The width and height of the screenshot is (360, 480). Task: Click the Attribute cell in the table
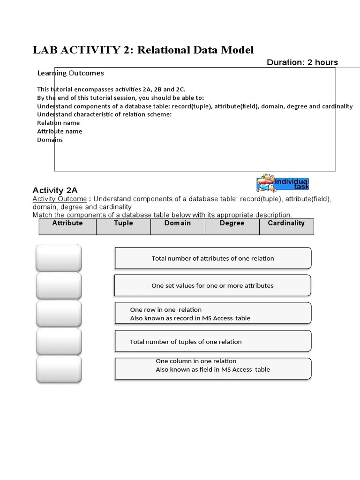click(67, 226)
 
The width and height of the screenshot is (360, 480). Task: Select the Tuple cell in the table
click(123, 226)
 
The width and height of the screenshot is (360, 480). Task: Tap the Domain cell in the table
click(178, 226)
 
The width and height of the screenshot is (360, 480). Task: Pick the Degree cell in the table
click(232, 226)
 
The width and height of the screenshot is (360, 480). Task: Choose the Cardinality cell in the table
click(286, 226)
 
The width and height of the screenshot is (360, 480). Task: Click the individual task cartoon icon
click(283, 184)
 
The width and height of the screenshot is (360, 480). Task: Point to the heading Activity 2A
click(55, 190)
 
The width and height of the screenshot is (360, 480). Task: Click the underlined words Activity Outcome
click(60, 199)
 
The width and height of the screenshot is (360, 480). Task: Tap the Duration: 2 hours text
click(302, 62)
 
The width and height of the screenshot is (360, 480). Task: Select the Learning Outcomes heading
click(70, 73)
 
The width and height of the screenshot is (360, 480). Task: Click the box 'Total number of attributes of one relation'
click(213, 258)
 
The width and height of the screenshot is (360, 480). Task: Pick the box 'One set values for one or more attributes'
click(213, 285)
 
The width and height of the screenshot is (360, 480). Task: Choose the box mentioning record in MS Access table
click(213, 314)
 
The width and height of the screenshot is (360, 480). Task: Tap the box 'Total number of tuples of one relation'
click(213, 342)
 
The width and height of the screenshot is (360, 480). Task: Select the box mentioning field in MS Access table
click(213, 369)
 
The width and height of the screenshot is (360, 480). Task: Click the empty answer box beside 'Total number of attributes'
click(59, 258)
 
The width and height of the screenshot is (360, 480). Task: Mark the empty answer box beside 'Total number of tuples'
click(59, 342)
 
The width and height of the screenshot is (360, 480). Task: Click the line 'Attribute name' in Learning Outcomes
click(60, 131)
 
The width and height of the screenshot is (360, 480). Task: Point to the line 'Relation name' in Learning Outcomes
click(59, 123)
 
